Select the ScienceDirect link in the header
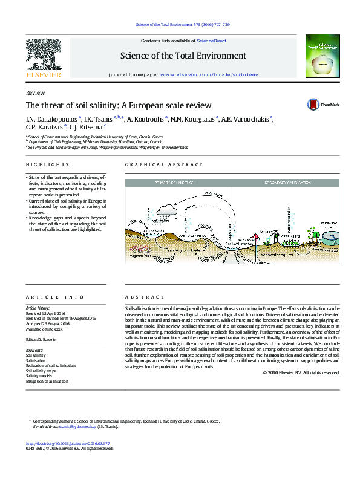[211, 41]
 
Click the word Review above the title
[34, 93]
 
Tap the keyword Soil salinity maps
[41, 371]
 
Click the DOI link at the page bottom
[68, 443]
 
